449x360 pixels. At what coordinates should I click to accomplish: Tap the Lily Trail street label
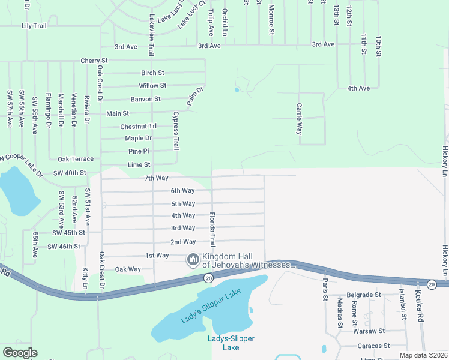(x=34, y=26)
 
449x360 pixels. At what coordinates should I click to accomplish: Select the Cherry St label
(x=94, y=61)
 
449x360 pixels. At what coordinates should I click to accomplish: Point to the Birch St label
(x=152, y=73)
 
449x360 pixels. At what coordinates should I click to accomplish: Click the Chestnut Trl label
(x=138, y=127)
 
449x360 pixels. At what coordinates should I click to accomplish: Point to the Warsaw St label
(x=369, y=331)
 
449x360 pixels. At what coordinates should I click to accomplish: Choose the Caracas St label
(x=373, y=346)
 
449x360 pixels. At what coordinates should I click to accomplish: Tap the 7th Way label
(x=156, y=178)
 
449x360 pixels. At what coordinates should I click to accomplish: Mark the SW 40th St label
(x=70, y=173)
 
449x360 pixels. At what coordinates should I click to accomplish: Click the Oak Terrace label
(x=76, y=159)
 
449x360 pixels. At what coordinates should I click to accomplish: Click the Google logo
(x=20, y=353)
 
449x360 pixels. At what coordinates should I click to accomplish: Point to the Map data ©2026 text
(x=423, y=355)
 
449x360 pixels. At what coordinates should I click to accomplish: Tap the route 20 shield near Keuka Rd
(x=432, y=283)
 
